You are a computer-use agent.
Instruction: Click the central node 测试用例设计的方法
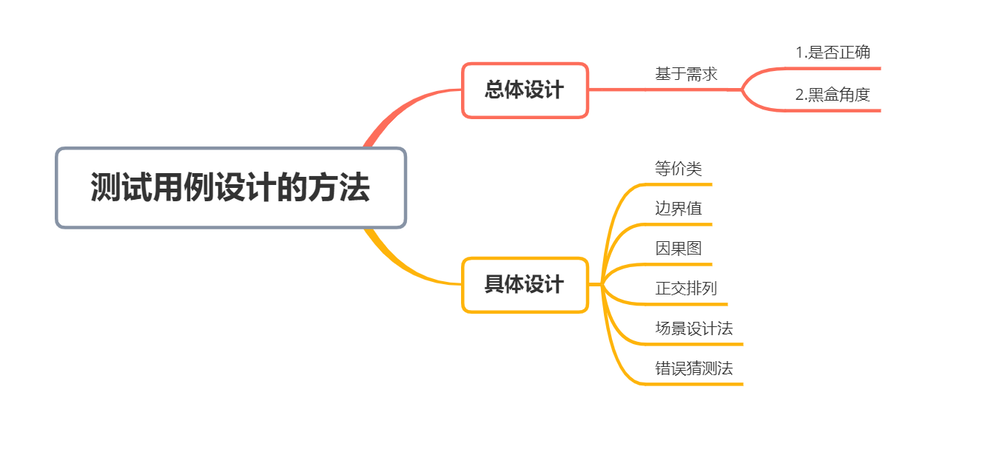pos(231,188)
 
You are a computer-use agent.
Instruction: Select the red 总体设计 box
pos(525,90)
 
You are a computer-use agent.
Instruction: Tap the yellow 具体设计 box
pos(525,285)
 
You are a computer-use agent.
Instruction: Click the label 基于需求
pos(686,74)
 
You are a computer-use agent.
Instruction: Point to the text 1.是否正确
pos(833,53)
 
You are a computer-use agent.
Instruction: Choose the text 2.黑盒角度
pos(833,95)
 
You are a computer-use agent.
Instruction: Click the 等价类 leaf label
pos(678,169)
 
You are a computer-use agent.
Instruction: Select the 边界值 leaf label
pos(678,209)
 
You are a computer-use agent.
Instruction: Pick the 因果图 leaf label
pos(678,249)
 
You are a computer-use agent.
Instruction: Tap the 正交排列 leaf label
pos(686,289)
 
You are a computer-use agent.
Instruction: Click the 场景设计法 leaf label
pos(693,329)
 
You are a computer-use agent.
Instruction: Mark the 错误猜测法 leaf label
pos(693,368)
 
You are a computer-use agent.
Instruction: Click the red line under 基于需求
pos(666,90)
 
